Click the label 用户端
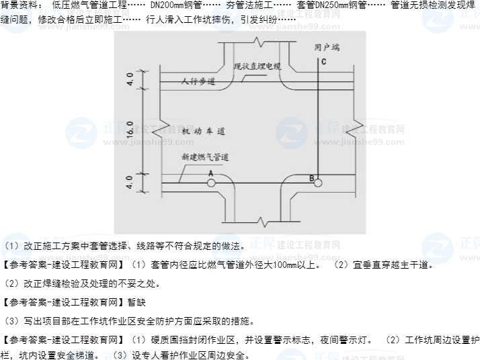pyautogui.click(x=327, y=47)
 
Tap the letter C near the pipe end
pyautogui.click(x=323, y=62)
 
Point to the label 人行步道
pyautogui.click(x=198, y=81)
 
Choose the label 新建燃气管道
pyautogui.click(x=205, y=157)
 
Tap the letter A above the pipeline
pyautogui.click(x=210, y=173)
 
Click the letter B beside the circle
pyautogui.click(x=311, y=178)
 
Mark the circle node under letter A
pyautogui.click(x=211, y=182)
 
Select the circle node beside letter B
pyautogui.click(x=318, y=182)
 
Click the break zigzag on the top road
pyautogui.click(x=257, y=44)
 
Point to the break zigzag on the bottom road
pyautogui.click(x=263, y=220)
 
